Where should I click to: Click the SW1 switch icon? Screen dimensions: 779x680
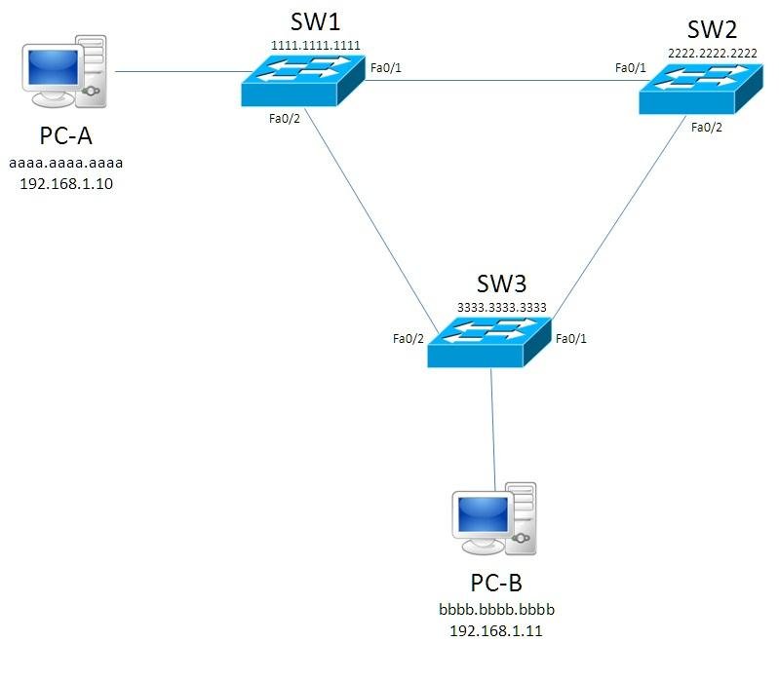[303, 80]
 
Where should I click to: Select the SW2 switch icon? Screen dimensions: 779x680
[700, 89]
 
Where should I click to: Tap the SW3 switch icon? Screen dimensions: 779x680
[489, 342]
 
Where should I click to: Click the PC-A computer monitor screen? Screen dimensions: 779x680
[54, 67]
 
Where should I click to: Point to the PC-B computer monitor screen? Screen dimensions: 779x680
[483, 513]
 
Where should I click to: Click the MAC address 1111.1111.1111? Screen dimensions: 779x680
[316, 46]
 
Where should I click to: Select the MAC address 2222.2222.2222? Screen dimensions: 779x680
[713, 54]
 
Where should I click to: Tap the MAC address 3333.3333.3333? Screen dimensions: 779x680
[502, 307]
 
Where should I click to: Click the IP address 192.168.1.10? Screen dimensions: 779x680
[66, 184]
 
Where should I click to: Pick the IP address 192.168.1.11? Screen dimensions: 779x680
[496, 631]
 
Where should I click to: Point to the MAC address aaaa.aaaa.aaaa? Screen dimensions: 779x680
[65, 163]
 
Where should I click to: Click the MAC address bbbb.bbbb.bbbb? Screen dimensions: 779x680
[496, 609]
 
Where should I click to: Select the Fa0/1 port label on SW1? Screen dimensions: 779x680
[385, 68]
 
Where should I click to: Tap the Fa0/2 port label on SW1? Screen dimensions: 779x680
[284, 119]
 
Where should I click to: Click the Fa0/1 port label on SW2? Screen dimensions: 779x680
[631, 67]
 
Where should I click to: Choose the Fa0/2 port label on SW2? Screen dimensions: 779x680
[707, 128]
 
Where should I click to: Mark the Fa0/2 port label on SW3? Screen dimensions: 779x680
[408, 338]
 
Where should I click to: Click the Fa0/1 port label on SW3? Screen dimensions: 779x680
[570, 338]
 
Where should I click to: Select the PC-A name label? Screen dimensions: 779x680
[65, 135]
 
